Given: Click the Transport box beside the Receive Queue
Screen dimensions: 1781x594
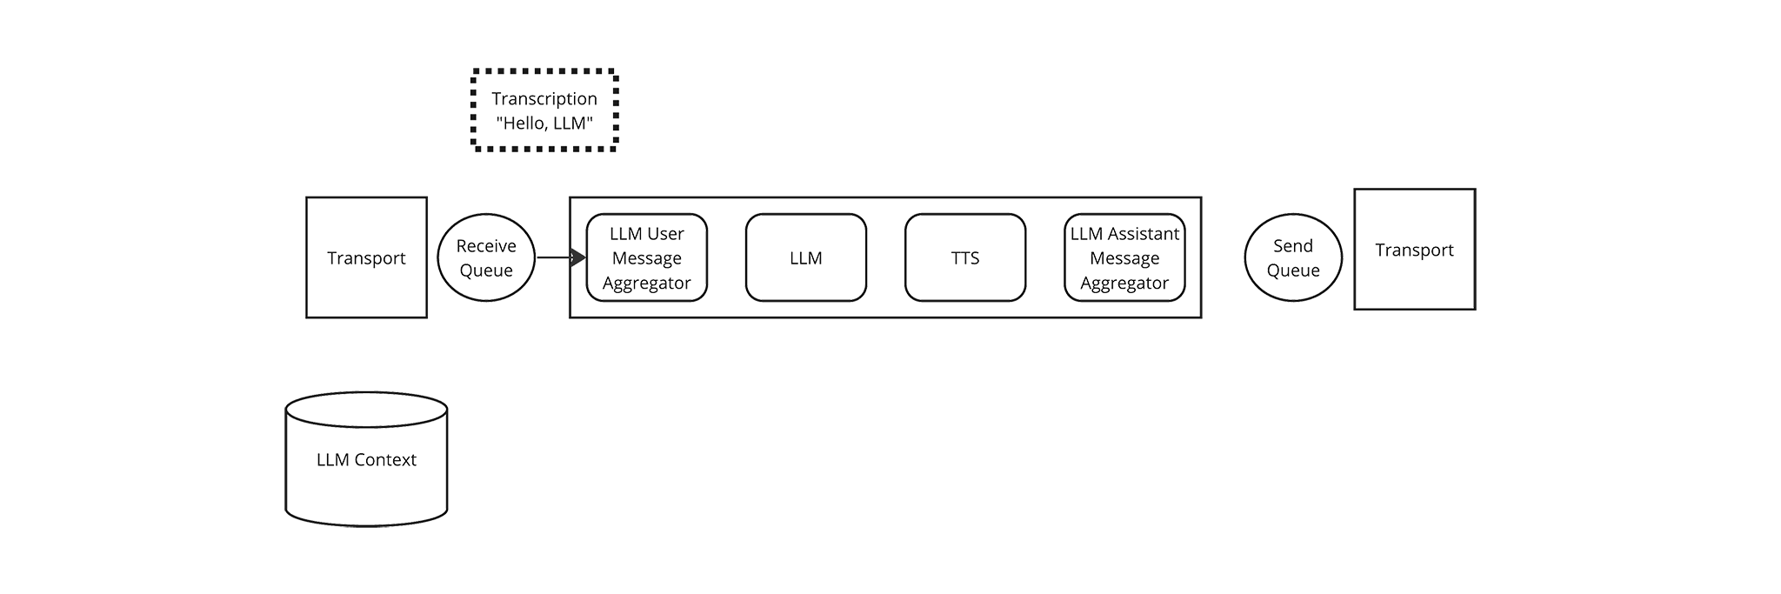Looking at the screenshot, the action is click(x=366, y=257).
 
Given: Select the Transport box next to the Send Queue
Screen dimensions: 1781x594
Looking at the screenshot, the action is click(x=1415, y=250).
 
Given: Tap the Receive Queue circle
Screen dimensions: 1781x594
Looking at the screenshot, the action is click(x=486, y=257).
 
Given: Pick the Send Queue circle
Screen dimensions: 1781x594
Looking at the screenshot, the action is click(x=1293, y=257).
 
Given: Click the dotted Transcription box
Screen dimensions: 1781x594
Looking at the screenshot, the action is click(x=544, y=110).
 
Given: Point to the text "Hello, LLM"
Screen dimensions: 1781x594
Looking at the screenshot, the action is click(x=544, y=123).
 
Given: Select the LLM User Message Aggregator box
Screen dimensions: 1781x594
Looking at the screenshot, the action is click(x=647, y=257).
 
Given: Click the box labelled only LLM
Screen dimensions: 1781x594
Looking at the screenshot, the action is click(x=806, y=257).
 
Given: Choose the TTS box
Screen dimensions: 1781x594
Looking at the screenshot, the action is click(x=965, y=257).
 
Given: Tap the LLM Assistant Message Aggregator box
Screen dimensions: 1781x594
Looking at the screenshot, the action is click(x=1124, y=257).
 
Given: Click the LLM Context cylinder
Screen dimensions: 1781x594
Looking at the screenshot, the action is click(x=366, y=459).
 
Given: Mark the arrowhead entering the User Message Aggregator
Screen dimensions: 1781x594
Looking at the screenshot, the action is click(x=578, y=257).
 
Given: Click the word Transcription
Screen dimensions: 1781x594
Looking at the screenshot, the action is click(x=544, y=98).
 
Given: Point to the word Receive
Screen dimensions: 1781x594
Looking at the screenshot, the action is click(x=486, y=246).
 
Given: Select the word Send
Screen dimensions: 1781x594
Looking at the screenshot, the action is click(x=1293, y=246).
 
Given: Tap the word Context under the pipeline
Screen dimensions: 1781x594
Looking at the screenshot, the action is click(x=385, y=459).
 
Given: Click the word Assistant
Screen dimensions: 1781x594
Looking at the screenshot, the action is click(x=1144, y=233).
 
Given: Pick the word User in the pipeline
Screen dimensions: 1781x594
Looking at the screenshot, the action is click(x=666, y=233).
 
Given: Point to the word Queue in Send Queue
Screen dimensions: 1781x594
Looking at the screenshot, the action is click(x=1293, y=270).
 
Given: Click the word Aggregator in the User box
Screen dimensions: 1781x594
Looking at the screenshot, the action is click(x=647, y=284).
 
